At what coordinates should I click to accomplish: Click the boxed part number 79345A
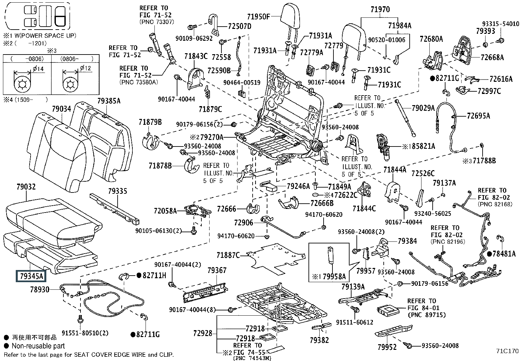coord(31,276)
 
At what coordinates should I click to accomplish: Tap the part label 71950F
coord(259,17)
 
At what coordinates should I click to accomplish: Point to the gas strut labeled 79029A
coord(405,118)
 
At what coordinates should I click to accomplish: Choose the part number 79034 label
coord(61,109)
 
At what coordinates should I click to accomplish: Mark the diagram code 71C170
coord(507,351)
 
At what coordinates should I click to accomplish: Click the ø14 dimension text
coord(38,69)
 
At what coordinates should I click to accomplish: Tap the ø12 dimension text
coord(85,68)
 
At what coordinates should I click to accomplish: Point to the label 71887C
coord(228,255)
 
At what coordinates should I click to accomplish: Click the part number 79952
coord(387,347)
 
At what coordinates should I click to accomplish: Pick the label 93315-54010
coord(501,24)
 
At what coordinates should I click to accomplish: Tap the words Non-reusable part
coord(38,346)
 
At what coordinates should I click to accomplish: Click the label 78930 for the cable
coord(40,289)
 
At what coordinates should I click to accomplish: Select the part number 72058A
coord(165,211)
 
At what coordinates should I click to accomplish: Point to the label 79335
coord(118,191)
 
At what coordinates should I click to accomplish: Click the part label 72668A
coord(492,57)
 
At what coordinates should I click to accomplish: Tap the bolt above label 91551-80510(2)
coord(80,319)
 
